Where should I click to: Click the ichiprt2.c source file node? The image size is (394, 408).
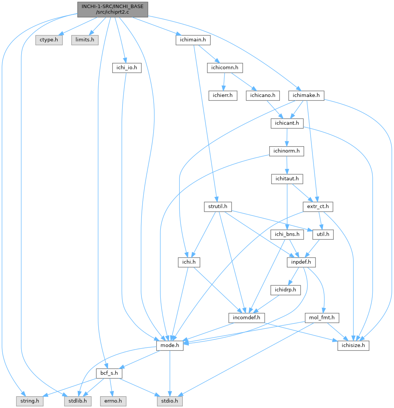[113, 9]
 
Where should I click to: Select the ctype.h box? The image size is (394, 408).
[49, 40]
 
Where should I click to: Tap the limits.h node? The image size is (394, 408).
[85, 40]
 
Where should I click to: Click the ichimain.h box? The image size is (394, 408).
[193, 40]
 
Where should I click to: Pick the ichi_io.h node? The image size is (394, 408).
[127, 68]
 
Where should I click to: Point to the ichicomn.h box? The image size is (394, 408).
[225, 68]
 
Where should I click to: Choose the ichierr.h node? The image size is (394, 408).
[223, 95]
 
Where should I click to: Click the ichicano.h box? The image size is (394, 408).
[263, 95]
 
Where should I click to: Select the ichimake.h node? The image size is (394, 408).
[306, 95]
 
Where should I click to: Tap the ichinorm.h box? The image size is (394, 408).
[286, 151]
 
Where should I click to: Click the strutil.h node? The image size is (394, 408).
[218, 206]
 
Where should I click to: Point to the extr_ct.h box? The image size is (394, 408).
[318, 206]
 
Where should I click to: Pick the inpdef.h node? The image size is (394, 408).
[301, 262]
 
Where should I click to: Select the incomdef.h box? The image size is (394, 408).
[246, 318]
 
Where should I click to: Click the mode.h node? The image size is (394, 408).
[170, 345]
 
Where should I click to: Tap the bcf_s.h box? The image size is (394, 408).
[109, 373]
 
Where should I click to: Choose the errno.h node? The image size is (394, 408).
[113, 401]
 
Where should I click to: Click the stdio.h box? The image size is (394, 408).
[170, 401]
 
